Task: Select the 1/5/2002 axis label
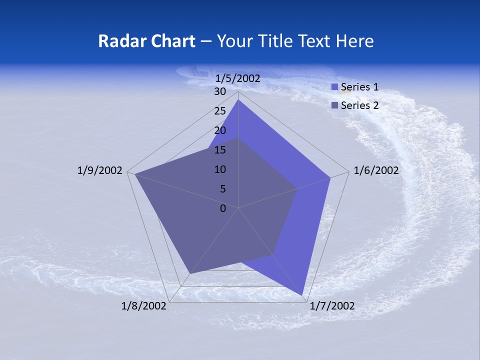point(238,78)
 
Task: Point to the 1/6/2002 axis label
point(376,170)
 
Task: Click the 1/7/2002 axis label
point(332,306)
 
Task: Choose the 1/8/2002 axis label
point(144,306)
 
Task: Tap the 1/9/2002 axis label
point(100,170)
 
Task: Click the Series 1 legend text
point(359,87)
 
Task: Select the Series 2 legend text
point(359,105)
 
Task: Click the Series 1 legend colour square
point(335,87)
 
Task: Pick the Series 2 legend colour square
point(335,105)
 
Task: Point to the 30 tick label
point(220,91)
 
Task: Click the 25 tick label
point(220,111)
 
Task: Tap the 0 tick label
point(223,208)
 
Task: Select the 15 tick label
point(220,150)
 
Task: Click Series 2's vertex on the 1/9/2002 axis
point(135,174)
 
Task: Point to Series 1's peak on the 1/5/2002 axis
point(238,100)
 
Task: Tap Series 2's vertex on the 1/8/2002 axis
point(189,274)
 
